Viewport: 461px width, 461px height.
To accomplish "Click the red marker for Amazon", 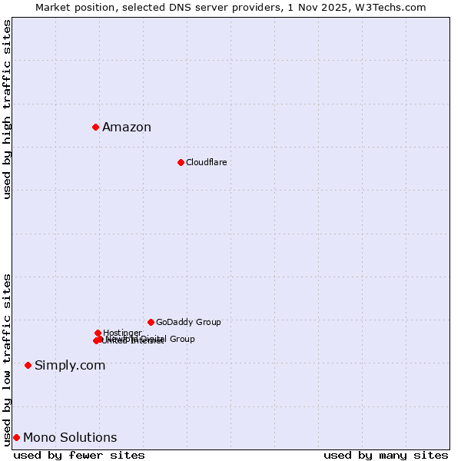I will (95, 127).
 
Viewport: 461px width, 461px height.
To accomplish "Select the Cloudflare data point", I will (181, 162).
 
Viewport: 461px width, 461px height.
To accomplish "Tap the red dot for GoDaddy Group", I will (151, 322).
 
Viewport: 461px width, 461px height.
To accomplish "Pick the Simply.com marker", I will (28, 365).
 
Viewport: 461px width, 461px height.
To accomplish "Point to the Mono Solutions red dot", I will (16, 437).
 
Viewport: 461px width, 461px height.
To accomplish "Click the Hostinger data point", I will (98, 333).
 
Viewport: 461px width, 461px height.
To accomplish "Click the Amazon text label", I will (127, 128).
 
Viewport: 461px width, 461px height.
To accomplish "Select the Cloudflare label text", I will (206, 162).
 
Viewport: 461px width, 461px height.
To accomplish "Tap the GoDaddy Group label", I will (188, 322).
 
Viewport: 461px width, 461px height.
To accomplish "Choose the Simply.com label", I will (70, 365).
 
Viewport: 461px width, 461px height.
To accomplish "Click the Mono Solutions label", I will (70, 438).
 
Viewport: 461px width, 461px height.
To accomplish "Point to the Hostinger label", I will (122, 333).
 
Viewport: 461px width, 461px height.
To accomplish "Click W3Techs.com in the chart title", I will (396, 7).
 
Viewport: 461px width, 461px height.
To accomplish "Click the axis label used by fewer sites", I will (79, 455).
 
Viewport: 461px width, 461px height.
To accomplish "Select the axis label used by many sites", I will (386, 455).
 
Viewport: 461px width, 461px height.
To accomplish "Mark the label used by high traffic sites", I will (7, 109).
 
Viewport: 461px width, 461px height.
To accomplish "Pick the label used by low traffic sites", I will (7, 360).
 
